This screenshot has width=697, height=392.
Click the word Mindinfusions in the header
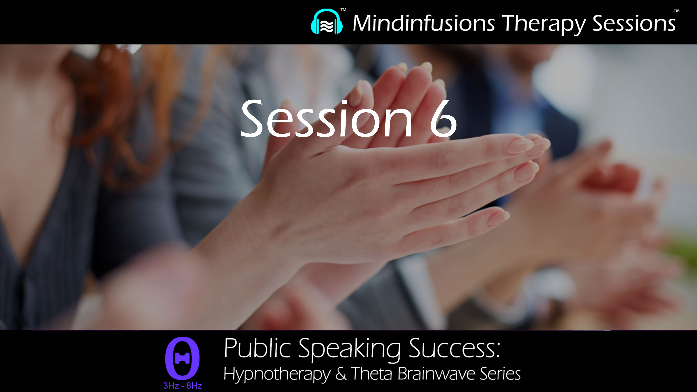[424, 24]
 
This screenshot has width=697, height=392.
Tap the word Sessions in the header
[634, 24]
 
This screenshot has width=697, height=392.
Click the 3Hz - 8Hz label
[183, 385]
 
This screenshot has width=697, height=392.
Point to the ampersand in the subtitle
[341, 374]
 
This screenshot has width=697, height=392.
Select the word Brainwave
[436, 374]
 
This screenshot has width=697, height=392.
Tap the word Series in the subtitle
[500, 374]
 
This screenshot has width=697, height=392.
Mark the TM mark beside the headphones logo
[343, 10]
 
